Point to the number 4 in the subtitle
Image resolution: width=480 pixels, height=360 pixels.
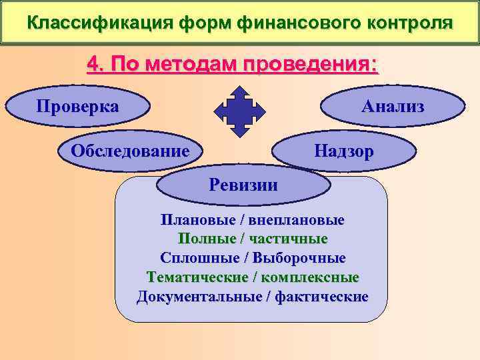click(94, 66)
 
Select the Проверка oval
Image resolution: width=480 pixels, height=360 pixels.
click(78, 106)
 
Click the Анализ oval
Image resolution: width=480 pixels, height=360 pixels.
click(393, 106)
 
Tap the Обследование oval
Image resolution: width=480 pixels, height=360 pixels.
click(131, 151)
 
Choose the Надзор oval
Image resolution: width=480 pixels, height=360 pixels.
click(344, 151)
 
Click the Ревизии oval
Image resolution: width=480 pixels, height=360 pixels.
click(243, 185)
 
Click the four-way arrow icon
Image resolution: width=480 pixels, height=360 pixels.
click(240, 108)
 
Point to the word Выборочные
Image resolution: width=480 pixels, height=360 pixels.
click(307, 257)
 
